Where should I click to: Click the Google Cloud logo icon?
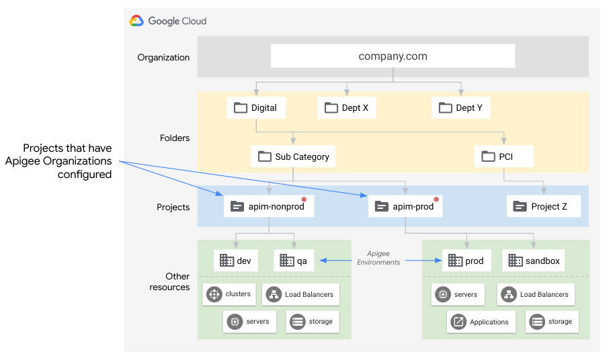pyautogui.click(x=137, y=21)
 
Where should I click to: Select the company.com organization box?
pyautogui.click(x=393, y=56)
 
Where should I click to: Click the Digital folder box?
pyautogui.click(x=256, y=107)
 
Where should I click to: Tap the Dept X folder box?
pyautogui.click(x=346, y=107)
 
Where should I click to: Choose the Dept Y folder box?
pyautogui.click(x=460, y=107)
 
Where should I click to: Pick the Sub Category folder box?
pyautogui.click(x=293, y=156)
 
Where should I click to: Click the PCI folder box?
pyautogui.click(x=504, y=156)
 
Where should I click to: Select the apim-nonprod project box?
pyautogui.click(x=268, y=206)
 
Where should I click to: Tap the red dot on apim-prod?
pyautogui.click(x=436, y=199)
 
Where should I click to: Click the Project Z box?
pyautogui.click(x=543, y=206)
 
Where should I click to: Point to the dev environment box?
pyautogui.click(x=236, y=261)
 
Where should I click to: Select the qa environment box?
pyautogui.click(x=294, y=261)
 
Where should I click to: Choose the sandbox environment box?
pyautogui.click(x=535, y=261)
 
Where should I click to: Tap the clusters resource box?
pyautogui.click(x=231, y=294)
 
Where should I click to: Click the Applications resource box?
pyautogui.click(x=481, y=322)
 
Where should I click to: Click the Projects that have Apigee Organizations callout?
pyautogui.click(x=59, y=161)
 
